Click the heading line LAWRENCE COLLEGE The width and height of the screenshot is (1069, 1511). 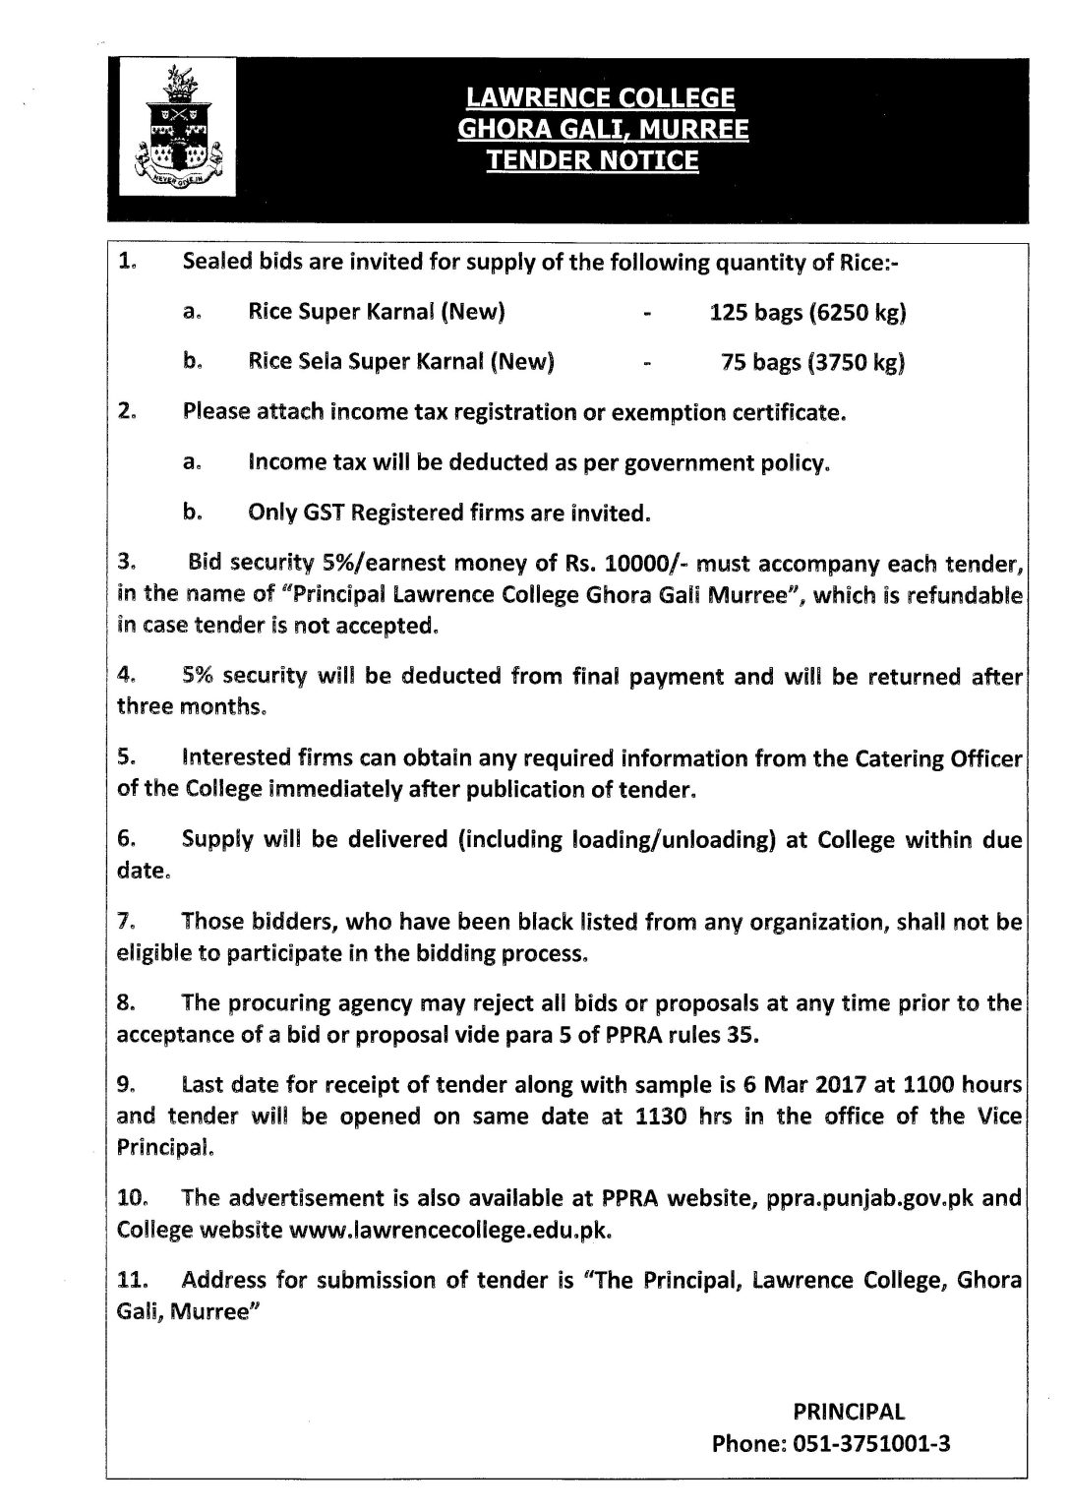coord(600,98)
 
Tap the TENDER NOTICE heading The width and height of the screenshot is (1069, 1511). coord(593,160)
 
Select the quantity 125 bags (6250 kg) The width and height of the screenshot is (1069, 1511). coord(807,313)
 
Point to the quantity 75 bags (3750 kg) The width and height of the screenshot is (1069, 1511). coord(813,363)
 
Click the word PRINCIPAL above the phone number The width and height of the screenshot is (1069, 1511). coord(849,1412)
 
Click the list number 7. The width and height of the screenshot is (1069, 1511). coord(125,923)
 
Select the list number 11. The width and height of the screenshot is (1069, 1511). coord(132,1281)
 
